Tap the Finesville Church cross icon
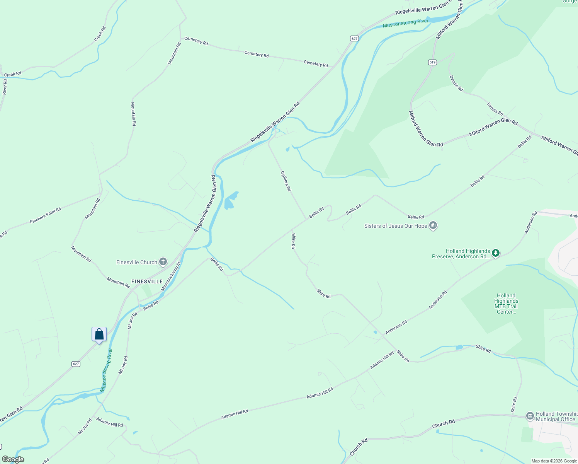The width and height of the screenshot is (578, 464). click(163, 262)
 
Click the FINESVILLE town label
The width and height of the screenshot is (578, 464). click(147, 281)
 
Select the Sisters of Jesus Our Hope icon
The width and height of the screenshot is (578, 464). click(433, 225)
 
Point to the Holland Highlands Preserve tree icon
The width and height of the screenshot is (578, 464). click(496, 254)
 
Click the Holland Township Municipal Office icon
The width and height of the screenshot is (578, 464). click(530, 416)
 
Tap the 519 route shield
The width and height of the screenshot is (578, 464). click(432, 62)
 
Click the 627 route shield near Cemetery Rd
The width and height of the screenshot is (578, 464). click(355, 38)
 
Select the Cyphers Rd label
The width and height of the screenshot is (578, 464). click(286, 181)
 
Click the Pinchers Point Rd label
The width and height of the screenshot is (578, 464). click(46, 216)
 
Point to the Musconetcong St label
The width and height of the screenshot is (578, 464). click(171, 276)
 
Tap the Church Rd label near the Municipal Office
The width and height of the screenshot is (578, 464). click(443, 423)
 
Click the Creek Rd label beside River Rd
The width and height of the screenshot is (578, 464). click(12, 74)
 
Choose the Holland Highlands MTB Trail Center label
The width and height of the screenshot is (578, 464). click(506, 304)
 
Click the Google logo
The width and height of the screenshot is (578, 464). click(13, 459)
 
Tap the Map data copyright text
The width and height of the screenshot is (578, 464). click(554, 461)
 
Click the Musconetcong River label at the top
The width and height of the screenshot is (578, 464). click(405, 23)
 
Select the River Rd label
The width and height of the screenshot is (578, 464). click(5, 87)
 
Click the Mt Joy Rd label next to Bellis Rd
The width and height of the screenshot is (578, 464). click(133, 320)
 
